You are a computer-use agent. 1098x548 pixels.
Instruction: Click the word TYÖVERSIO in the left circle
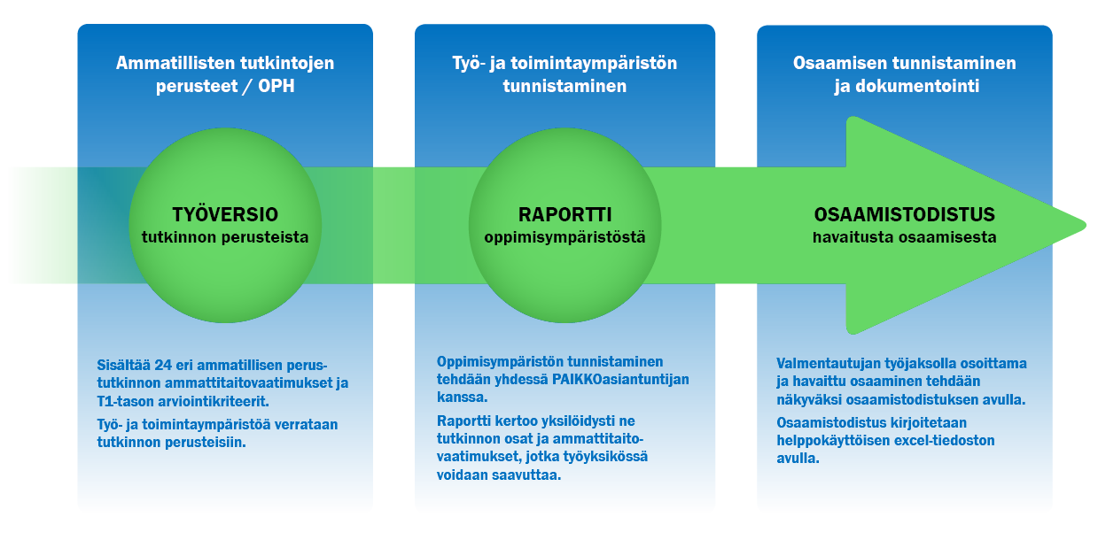tap(225, 214)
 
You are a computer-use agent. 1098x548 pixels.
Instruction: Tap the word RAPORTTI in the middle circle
tap(565, 214)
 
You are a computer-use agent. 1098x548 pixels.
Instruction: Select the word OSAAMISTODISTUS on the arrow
tap(905, 214)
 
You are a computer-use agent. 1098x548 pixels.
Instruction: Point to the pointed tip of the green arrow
tap(1086, 226)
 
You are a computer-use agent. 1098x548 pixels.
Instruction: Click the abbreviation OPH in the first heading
tap(276, 86)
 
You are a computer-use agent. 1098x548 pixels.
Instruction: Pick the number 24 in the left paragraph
tap(163, 365)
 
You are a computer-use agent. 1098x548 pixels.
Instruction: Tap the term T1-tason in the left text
tap(126, 401)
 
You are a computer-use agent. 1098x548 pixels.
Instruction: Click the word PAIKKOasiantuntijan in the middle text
tap(620, 380)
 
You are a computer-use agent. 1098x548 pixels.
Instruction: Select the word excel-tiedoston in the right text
tap(944, 440)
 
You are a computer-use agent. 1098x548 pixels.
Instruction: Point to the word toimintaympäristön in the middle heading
tap(594, 64)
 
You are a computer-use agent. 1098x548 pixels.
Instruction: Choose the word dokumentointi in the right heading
tap(917, 86)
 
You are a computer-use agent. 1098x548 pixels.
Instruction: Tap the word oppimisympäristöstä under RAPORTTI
tap(565, 237)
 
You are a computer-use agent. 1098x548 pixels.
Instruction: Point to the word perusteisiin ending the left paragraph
tap(206, 443)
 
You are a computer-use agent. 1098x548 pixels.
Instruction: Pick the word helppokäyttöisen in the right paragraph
tap(833, 441)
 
